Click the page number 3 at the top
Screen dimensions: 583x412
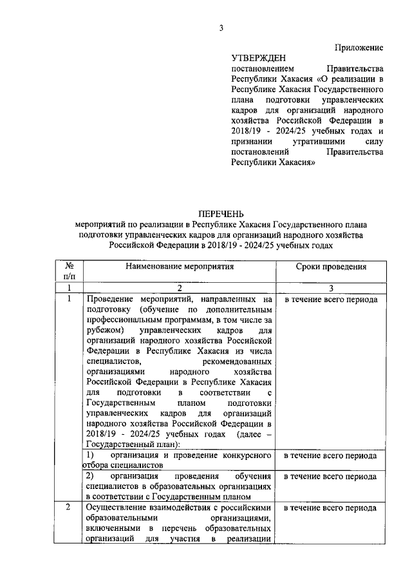click(220, 27)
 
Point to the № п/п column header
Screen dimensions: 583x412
click(69, 271)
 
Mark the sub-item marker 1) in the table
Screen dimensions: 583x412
click(91, 455)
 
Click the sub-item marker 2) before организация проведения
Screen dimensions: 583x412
click(91, 477)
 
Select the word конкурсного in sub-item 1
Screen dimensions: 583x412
click(248, 455)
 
